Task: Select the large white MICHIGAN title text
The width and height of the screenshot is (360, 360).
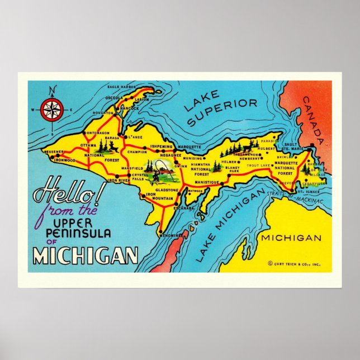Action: click(85, 255)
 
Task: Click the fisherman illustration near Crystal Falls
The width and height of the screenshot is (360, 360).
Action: click(157, 171)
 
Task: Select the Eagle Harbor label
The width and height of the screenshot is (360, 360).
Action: click(122, 88)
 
